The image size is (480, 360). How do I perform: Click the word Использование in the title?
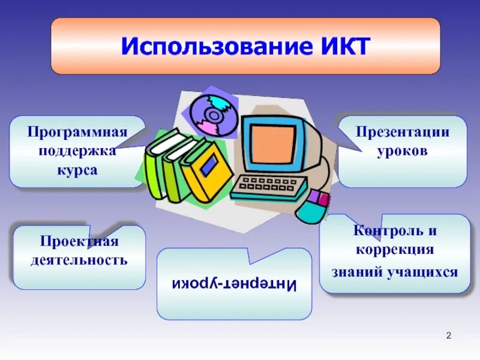pos(217,46)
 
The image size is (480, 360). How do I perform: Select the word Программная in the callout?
pos(77,133)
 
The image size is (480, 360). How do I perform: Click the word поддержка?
pos(77,151)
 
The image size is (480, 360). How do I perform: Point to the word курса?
pos(77,170)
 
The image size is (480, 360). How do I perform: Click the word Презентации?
pos(402,132)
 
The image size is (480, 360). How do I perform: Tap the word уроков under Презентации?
pos(402,151)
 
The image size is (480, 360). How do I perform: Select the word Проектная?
pos(79,241)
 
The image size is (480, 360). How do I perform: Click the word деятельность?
pos(79,260)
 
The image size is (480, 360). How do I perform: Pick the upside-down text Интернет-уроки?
pos(234,284)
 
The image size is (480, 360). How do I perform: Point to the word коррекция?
pos(395,250)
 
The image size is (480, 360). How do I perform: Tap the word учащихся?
pos(422,272)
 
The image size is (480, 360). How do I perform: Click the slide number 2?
pos(449,335)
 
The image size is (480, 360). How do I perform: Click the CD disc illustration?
pos(214,115)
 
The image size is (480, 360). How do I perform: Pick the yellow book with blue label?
pos(207,170)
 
